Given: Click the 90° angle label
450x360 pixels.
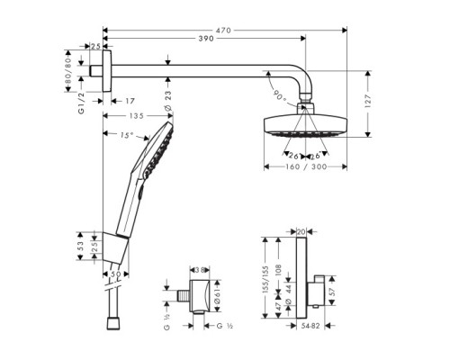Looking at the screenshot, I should [275, 93].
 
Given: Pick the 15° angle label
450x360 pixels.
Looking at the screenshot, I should [126, 136].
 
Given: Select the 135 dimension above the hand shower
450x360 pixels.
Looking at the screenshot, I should [137, 115].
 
